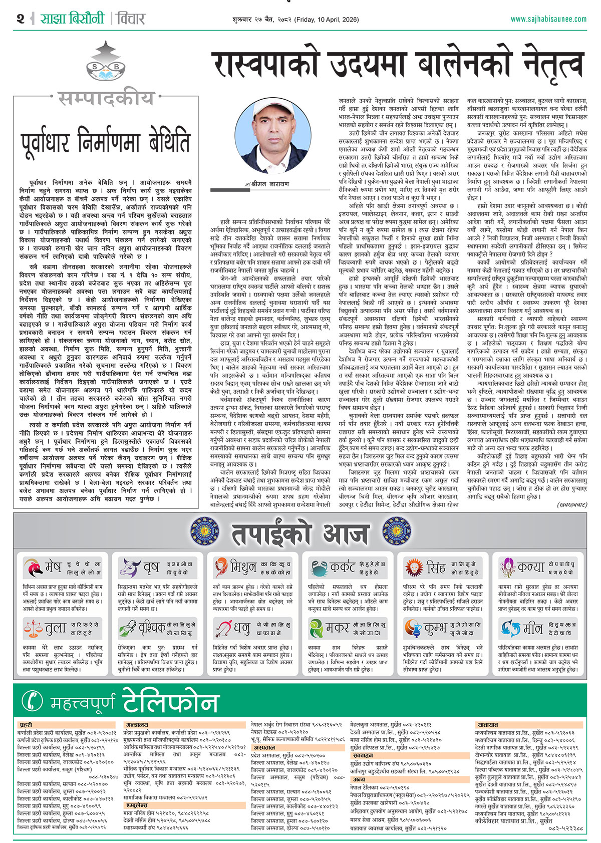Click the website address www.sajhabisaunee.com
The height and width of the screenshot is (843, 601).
pos(548,19)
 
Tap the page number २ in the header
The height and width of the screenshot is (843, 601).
pos(20,19)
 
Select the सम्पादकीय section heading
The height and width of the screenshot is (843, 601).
pos(105,98)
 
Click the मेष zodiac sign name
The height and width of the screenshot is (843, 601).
pos(53,567)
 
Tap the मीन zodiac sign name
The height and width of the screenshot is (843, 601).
pos(532,628)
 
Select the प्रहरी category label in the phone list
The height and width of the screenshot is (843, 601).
pos(26,725)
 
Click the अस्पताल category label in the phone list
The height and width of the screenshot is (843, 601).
pos(263,747)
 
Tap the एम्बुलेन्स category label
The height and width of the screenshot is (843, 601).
pos(136,805)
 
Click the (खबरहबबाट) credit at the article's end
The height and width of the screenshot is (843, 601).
pos(571,505)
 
